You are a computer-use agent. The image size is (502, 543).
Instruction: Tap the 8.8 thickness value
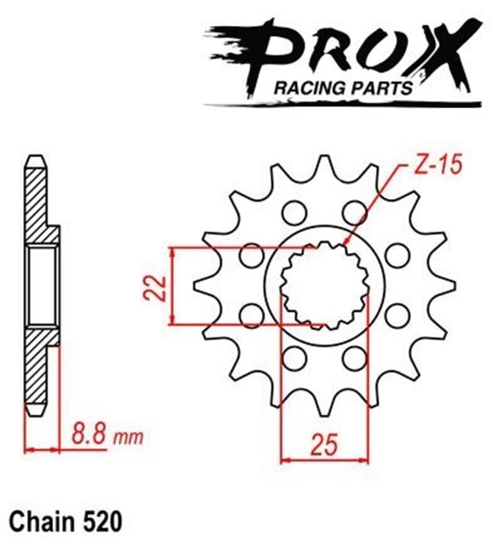[x=88, y=433]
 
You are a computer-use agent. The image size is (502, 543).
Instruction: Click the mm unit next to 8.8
[x=128, y=435]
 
